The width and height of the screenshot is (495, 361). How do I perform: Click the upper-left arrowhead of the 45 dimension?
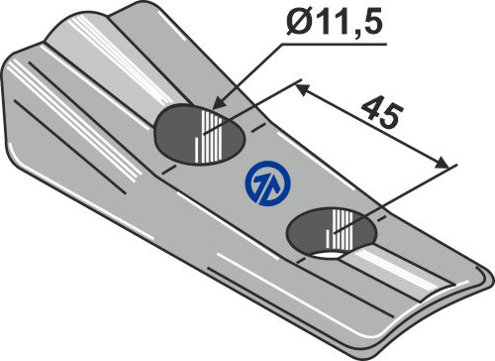pyautogui.click(x=301, y=86)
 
